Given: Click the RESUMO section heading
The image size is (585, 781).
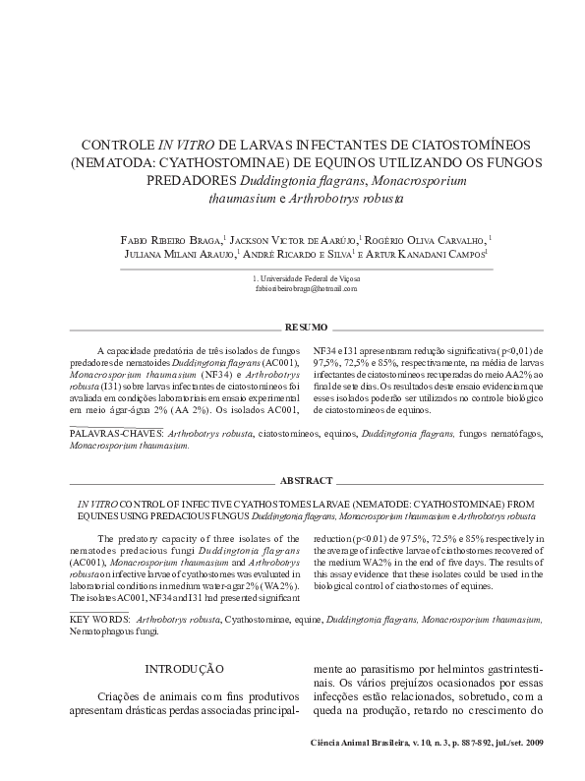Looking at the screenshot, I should pos(306,326).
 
